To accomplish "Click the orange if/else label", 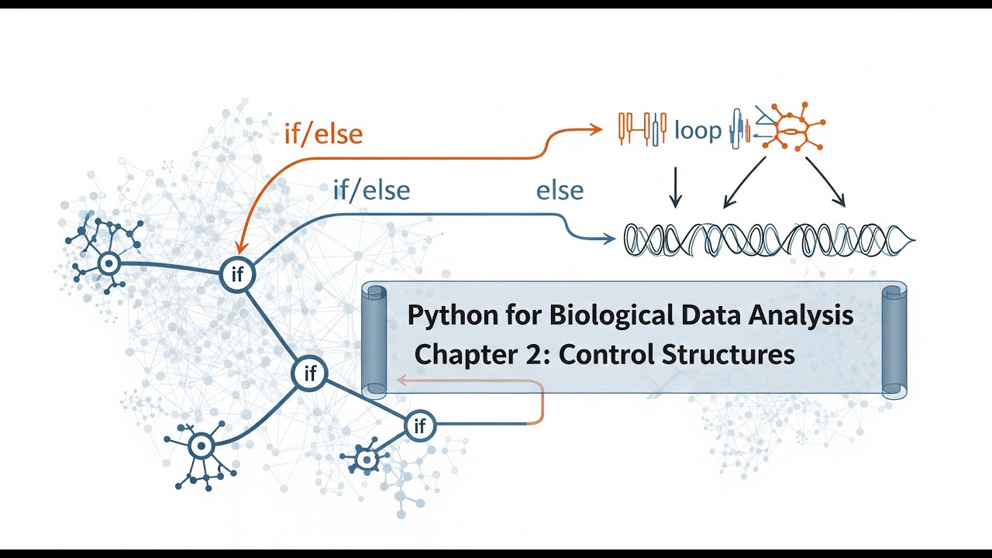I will (323, 134).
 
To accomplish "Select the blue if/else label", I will (371, 190).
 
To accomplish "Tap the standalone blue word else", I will (560, 191).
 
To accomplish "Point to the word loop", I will (697, 130).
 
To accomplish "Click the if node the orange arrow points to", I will (237, 274).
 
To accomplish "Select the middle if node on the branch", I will (310, 374).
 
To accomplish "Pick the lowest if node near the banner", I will (420, 425).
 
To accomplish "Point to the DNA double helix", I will (767, 239).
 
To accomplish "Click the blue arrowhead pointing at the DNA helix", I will (610, 239).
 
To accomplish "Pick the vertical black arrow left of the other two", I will (675, 187).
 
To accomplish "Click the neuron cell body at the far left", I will (109, 264).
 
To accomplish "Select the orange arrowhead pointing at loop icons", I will (597, 129).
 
